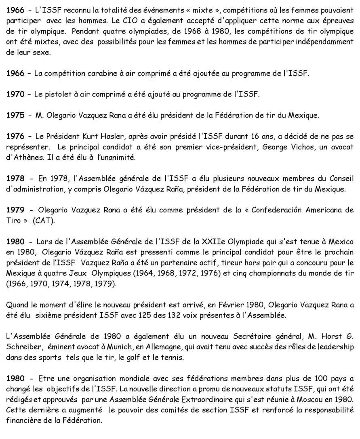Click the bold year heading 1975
[x=16, y=116]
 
